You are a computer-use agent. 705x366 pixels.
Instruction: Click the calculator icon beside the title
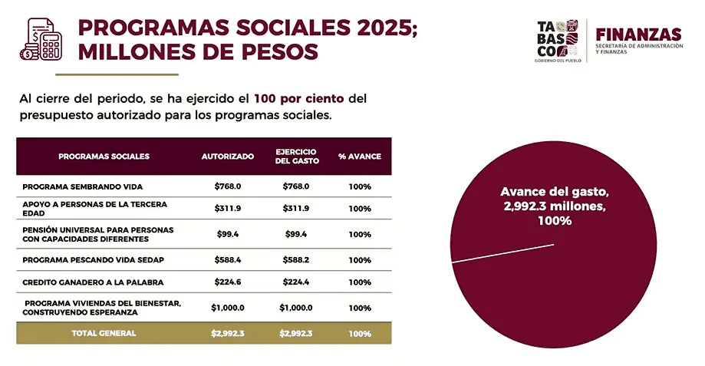pyautogui.click(x=41, y=40)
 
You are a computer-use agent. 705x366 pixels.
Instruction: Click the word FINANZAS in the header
pyautogui.click(x=637, y=34)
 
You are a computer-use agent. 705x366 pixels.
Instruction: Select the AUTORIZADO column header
pyautogui.click(x=228, y=157)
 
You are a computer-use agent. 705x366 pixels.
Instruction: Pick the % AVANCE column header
pyautogui.click(x=359, y=157)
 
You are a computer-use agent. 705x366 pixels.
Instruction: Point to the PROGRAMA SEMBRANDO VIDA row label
pyautogui.click(x=83, y=186)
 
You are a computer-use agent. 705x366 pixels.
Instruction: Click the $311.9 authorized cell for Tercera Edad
pyautogui.click(x=228, y=209)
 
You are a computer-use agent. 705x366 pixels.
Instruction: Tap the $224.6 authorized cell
pyautogui.click(x=228, y=282)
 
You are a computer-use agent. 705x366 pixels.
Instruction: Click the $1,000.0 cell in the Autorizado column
pyautogui.click(x=228, y=308)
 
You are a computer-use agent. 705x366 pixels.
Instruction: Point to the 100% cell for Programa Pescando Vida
pyautogui.click(x=359, y=260)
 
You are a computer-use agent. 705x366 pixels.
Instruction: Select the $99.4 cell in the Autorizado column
pyautogui.click(x=228, y=234)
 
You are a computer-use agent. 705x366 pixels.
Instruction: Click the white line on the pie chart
pyautogui.click(x=502, y=254)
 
